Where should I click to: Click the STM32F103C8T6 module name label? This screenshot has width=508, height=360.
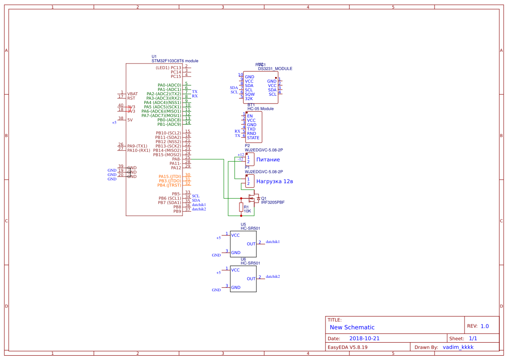175,61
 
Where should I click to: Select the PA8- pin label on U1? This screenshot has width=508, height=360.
176,159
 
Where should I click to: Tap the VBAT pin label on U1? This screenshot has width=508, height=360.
133,94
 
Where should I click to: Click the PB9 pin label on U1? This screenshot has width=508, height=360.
177,211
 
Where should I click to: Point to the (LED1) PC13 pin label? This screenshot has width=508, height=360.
168,68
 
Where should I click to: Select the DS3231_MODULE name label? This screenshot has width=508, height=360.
275,69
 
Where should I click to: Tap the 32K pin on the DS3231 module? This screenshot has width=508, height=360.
249,99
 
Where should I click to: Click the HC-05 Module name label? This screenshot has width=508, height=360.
261,109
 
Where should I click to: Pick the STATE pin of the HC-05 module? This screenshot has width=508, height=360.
253,138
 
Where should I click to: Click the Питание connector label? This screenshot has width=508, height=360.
268,160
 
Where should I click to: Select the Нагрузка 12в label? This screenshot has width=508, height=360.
275,181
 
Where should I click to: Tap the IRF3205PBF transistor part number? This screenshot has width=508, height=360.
272,203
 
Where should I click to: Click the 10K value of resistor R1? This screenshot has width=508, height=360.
247,211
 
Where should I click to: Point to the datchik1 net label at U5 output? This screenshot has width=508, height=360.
272,241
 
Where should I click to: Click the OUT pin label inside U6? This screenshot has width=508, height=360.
251,279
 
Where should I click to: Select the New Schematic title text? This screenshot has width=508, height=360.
352,327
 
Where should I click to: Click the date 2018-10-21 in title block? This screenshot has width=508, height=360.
364,338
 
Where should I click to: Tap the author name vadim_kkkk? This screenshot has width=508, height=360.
458,347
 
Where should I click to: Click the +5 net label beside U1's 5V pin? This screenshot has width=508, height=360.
114,123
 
